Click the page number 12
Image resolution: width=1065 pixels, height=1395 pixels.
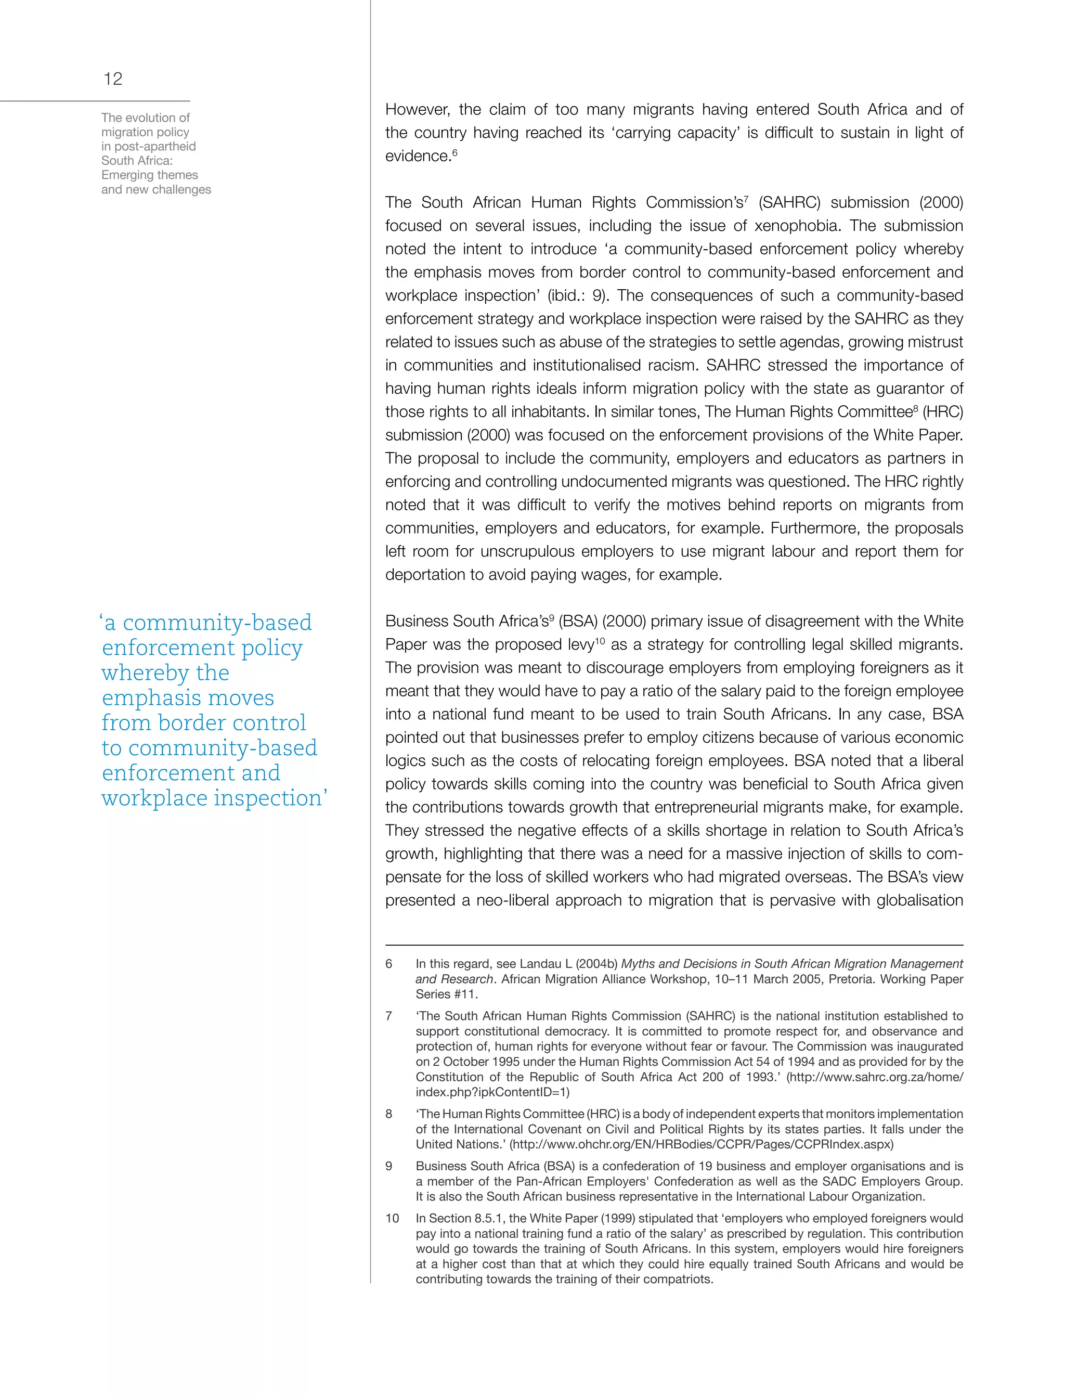coord(113,79)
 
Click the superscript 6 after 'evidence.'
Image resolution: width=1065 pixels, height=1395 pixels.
coord(455,152)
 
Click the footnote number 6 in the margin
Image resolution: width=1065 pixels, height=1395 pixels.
coord(389,964)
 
